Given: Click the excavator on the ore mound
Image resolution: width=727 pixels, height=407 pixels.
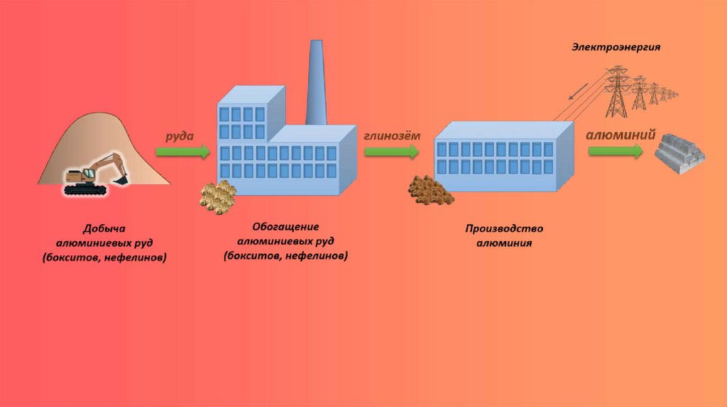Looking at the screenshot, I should point(92,174).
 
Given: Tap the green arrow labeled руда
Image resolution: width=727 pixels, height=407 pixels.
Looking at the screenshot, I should point(183,152).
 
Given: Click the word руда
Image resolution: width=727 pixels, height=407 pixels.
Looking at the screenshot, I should point(180,135).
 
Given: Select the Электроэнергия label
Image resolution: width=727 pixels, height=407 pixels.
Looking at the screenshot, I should point(617,47).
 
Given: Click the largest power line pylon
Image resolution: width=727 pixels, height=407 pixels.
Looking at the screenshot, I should point(617,92).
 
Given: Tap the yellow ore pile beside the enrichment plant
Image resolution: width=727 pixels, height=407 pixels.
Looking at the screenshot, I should point(217,195).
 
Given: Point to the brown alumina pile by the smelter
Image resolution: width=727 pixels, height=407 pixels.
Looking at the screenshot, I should point(427,189).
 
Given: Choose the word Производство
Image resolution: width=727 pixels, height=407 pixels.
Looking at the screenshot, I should point(504,229).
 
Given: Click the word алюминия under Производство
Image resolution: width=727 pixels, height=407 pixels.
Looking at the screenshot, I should point(504,242).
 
